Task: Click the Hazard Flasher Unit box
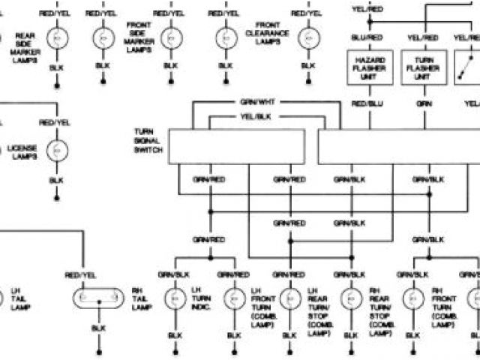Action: coord(370,68)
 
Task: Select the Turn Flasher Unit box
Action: coord(422,68)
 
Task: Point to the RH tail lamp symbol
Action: coord(98,298)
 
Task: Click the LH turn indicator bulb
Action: coord(175,299)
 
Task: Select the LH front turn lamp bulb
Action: coord(232,299)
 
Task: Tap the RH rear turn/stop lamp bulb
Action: coord(349,299)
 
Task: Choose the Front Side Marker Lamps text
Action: coord(140,37)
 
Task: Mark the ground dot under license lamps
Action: coord(57,199)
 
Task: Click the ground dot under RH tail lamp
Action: coord(98,351)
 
